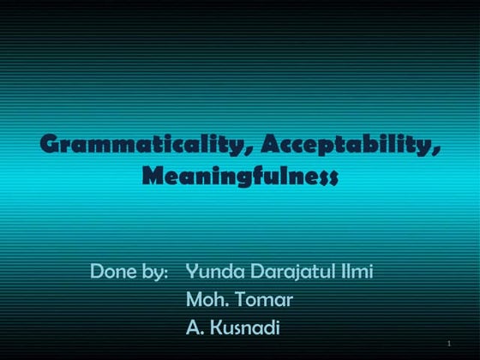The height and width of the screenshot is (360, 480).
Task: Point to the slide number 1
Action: [448, 344]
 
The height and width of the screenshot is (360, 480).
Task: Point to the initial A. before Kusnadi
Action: [195, 327]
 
